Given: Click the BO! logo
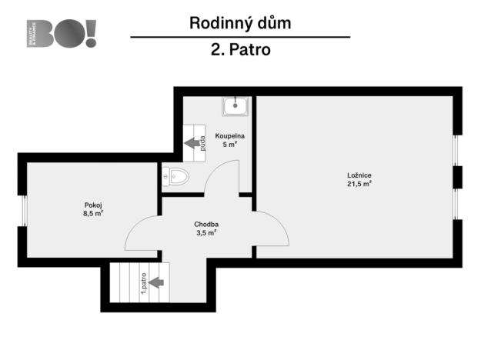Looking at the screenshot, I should coord(62,34).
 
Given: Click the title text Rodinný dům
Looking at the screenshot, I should coord(240,23).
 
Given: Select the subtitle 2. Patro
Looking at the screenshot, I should coord(239,51).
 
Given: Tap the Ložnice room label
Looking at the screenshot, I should coord(359,175).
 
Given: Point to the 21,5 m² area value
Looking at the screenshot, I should coord(359,184).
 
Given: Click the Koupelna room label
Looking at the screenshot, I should coord(229,135).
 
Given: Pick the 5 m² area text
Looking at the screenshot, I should coord(229,144).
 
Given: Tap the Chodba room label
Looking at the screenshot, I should coord(205,224).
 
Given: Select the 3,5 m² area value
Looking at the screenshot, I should coord(205,232).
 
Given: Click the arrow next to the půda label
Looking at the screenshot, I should coord(190,143).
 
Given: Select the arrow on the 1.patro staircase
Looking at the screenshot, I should coord(155,282).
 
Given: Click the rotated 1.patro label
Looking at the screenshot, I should coord(144,282).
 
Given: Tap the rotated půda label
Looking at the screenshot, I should coord(202,143).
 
